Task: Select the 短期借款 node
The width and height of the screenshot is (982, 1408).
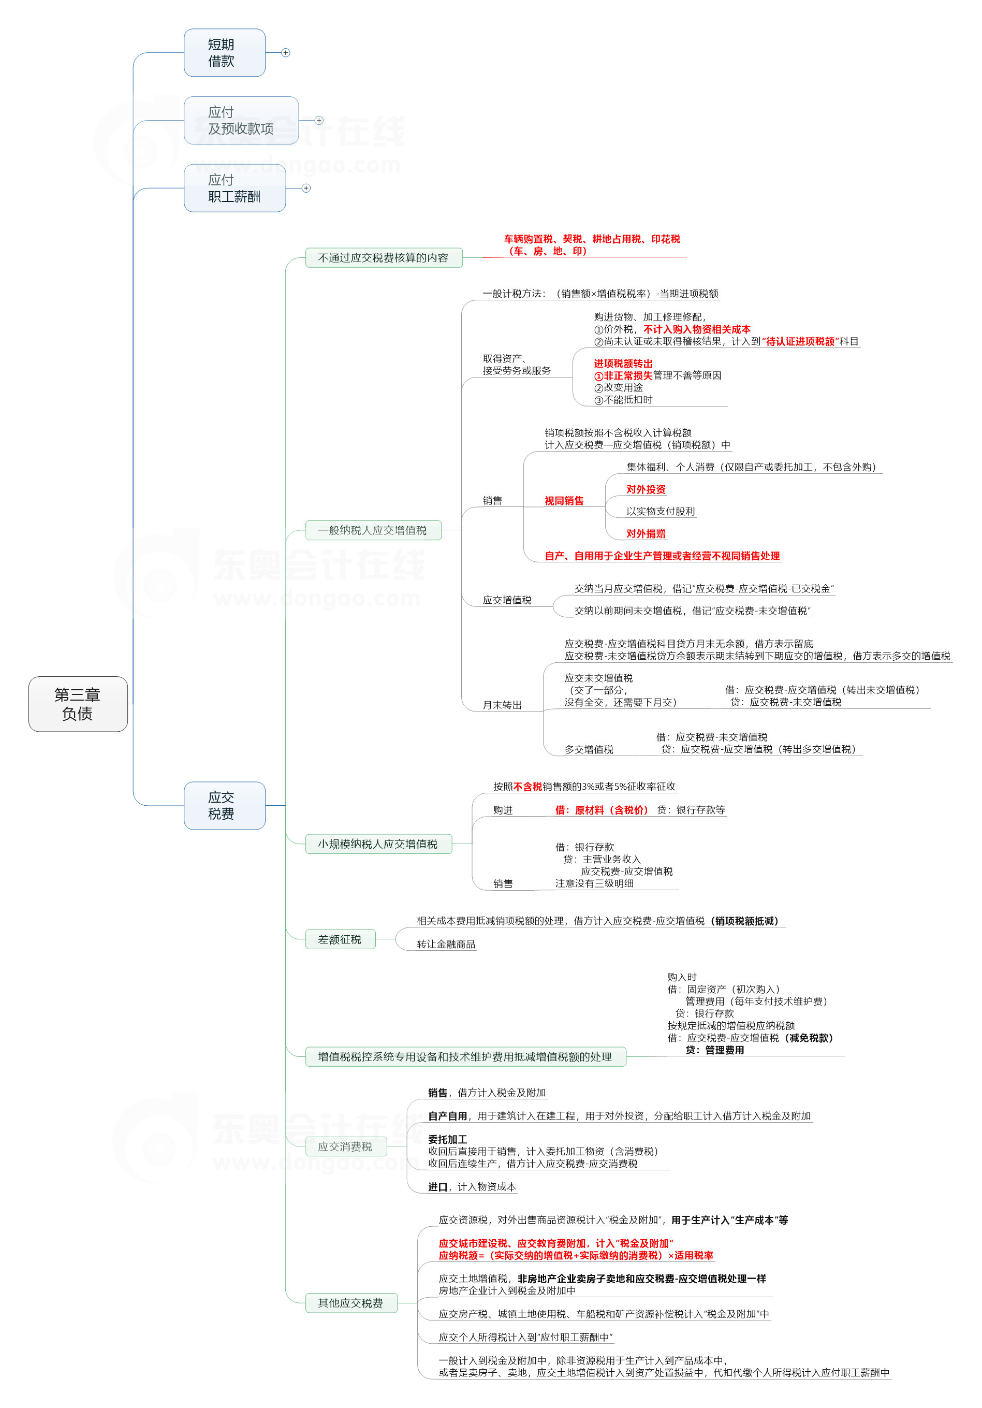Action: pos(224,53)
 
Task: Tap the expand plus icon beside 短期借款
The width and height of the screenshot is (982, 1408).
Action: pos(286,53)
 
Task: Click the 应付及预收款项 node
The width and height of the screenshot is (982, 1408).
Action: pos(241,120)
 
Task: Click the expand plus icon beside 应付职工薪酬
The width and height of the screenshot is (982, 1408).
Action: pos(306,188)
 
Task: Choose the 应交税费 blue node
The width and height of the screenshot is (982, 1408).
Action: pos(224,805)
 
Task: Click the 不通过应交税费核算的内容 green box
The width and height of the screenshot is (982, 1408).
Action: pos(383,257)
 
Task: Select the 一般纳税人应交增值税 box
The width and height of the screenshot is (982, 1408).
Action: pos(373,530)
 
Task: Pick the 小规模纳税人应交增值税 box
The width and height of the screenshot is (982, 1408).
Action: pos(378,844)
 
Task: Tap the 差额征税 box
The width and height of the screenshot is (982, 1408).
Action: pos(340,939)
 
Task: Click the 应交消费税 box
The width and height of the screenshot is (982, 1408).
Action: pos(346,1146)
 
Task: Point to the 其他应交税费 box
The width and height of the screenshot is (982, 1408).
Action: pos(350,1302)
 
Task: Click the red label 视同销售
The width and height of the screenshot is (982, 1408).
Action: pos(564,500)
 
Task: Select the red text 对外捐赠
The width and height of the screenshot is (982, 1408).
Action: pos(646,533)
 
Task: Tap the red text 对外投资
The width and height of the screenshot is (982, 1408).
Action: pos(646,489)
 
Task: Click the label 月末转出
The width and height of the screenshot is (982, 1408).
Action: pos(502,705)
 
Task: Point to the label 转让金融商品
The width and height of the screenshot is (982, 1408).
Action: pos(446,944)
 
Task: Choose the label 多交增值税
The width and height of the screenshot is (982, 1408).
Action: pos(589,749)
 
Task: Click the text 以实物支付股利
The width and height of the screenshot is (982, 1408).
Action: pos(660,512)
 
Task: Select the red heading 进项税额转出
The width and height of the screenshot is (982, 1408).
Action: pos(623,363)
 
